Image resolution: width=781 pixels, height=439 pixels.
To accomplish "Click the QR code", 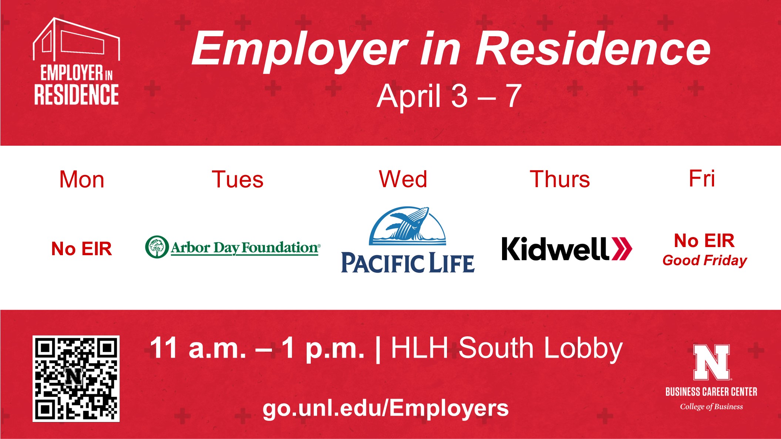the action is [x=76, y=378].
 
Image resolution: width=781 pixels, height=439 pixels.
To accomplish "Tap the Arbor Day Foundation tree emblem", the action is [x=157, y=247].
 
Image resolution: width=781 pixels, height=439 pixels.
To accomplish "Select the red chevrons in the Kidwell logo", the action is [x=622, y=249].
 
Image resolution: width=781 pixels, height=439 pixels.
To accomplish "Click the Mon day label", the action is [x=82, y=179].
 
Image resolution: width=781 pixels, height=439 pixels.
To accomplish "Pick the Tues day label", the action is [x=238, y=179].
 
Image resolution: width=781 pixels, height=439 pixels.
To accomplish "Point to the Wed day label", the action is [x=403, y=179].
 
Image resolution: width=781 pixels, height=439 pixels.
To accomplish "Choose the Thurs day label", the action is [x=560, y=179].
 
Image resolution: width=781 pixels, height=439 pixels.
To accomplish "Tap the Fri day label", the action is [x=702, y=178].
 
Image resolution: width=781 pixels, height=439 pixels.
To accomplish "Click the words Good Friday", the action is [x=705, y=260].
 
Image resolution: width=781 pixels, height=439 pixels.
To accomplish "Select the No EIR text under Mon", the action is [x=81, y=249].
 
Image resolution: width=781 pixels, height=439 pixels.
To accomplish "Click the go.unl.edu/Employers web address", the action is [x=386, y=409].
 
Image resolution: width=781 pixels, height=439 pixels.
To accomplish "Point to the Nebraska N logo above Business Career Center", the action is [x=711, y=362].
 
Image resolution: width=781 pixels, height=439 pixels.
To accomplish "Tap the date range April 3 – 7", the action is [x=449, y=96].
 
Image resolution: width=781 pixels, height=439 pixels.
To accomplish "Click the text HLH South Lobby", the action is [x=507, y=348].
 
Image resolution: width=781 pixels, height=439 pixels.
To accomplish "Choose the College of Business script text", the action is [x=711, y=406].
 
